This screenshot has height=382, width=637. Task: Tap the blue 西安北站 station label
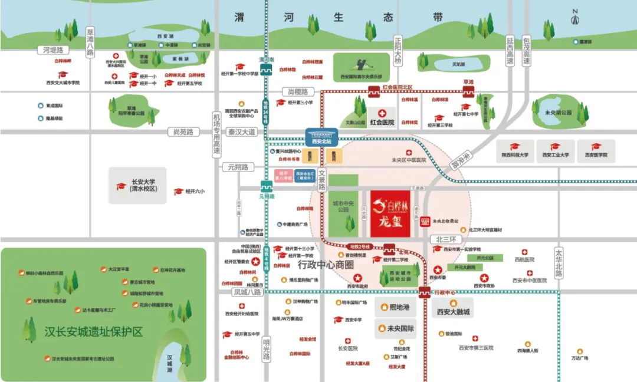click(x=321, y=141)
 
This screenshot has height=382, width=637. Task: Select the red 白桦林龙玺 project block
click(x=390, y=213)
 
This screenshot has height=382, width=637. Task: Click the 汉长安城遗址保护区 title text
click(x=94, y=332)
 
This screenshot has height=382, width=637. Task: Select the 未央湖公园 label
click(x=559, y=113)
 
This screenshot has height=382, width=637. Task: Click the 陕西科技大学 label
click(x=514, y=155)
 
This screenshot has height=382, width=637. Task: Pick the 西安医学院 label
click(x=596, y=155)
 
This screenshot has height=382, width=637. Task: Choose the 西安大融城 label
click(x=453, y=311)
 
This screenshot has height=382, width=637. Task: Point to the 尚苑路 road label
click(x=180, y=132)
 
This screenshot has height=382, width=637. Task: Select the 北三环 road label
click(x=445, y=239)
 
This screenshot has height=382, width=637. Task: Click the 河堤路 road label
click(x=52, y=50)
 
